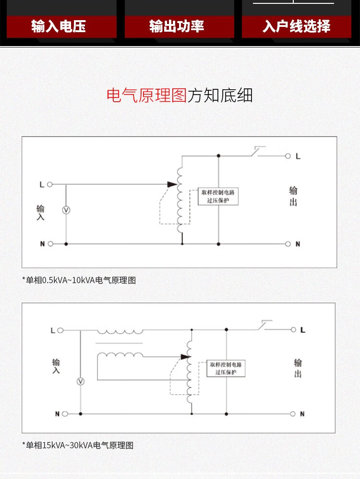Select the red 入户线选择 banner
pyautogui.click(x=296, y=26)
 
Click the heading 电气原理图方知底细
pyautogui.click(x=180, y=96)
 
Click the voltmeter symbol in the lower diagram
pyautogui.click(x=81, y=381)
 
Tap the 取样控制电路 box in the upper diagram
pyautogui.click(x=218, y=196)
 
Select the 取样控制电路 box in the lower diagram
pyautogui.click(x=226, y=368)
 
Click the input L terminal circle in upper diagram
pyautogui.click(x=50, y=184)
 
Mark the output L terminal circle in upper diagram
pyautogui.click(x=288, y=156)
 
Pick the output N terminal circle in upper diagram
pyautogui.click(x=288, y=244)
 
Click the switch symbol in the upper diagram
pyautogui.click(x=257, y=152)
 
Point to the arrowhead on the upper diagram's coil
pyautogui.click(x=172, y=184)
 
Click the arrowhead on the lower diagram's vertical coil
pyautogui.click(x=185, y=357)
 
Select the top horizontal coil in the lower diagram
pyautogui.click(x=120, y=331)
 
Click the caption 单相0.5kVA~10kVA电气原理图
pyautogui.click(x=79, y=280)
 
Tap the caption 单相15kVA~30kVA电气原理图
pyautogui.click(x=78, y=445)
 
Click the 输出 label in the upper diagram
pyautogui.click(x=293, y=196)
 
